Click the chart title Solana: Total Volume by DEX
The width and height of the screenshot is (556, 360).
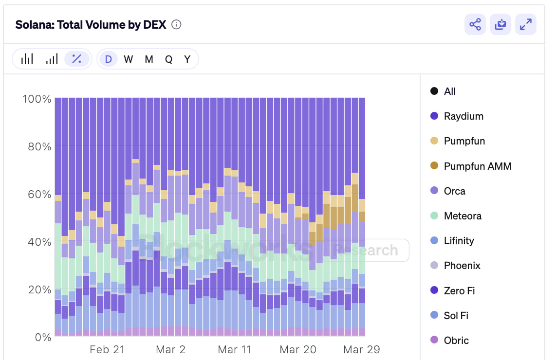pyautogui.click(x=91, y=25)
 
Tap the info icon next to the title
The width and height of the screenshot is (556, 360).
pyautogui.click(x=177, y=25)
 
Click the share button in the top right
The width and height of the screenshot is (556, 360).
pyautogui.click(x=475, y=25)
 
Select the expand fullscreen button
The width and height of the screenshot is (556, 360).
pyautogui.click(x=526, y=25)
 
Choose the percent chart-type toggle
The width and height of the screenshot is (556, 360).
pyautogui.click(x=77, y=59)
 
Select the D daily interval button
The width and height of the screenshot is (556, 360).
pyautogui.click(x=108, y=59)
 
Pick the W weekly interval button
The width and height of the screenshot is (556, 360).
pyautogui.click(x=129, y=59)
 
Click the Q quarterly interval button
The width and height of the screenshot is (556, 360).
pyautogui.click(x=168, y=59)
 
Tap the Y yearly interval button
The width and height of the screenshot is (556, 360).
pyautogui.click(x=187, y=59)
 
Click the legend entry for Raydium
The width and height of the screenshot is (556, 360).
pyautogui.click(x=463, y=116)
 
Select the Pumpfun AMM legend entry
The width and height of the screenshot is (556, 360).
pyautogui.click(x=477, y=166)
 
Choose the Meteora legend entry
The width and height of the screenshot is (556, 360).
pyautogui.click(x=462, y=216)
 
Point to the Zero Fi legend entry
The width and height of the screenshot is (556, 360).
pyautogui.click(x=459, y=291)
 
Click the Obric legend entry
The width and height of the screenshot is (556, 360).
pyautogui.click(x=456, y=341)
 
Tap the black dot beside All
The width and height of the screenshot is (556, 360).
pyautogui.click(x=434, y=91)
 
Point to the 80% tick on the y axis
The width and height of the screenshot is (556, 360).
pyautogui.click(x=37, y=146)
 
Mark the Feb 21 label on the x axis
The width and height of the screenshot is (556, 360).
pyautogui.click(x=107, y=349)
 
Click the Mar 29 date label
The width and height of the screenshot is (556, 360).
pyautogui.click(x=361, y=349)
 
